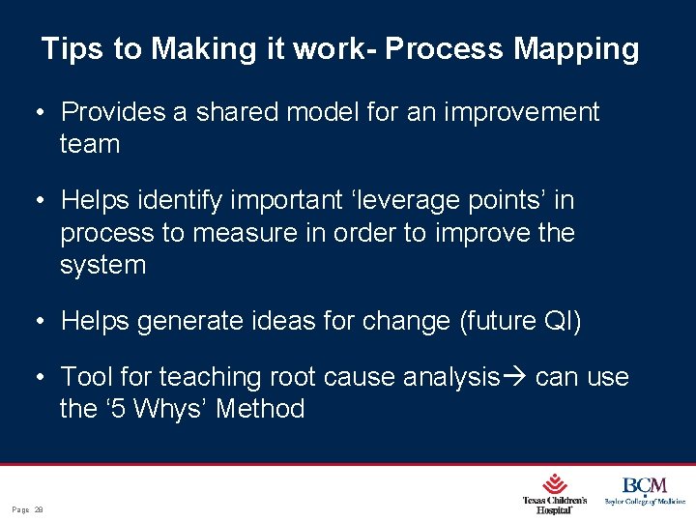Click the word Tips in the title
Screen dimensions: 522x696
[x=73, y=49]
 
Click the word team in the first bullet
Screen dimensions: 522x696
[x=90, y=145]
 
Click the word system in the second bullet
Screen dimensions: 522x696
[x=102, y=266]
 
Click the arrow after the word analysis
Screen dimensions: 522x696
[x=516, y=376]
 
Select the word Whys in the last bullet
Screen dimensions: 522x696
[x=170, y=409]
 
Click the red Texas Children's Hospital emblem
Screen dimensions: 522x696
[x=554, y=483]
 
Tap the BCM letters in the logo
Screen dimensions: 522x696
[x=644, y=485]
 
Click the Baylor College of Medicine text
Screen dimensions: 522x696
[x=644, y=502]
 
